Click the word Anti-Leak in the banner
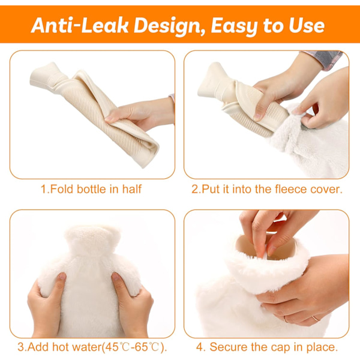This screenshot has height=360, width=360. click(x=80, y=25)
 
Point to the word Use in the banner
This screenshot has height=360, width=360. click(x=307, y=26)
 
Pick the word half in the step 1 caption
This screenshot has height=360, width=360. click(x=132, y=189)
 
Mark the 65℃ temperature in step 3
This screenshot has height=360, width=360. click(x=147, y=347)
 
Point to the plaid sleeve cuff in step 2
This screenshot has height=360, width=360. click(x=326, y=59)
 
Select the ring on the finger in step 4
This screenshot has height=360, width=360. click(x=316, y=318)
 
